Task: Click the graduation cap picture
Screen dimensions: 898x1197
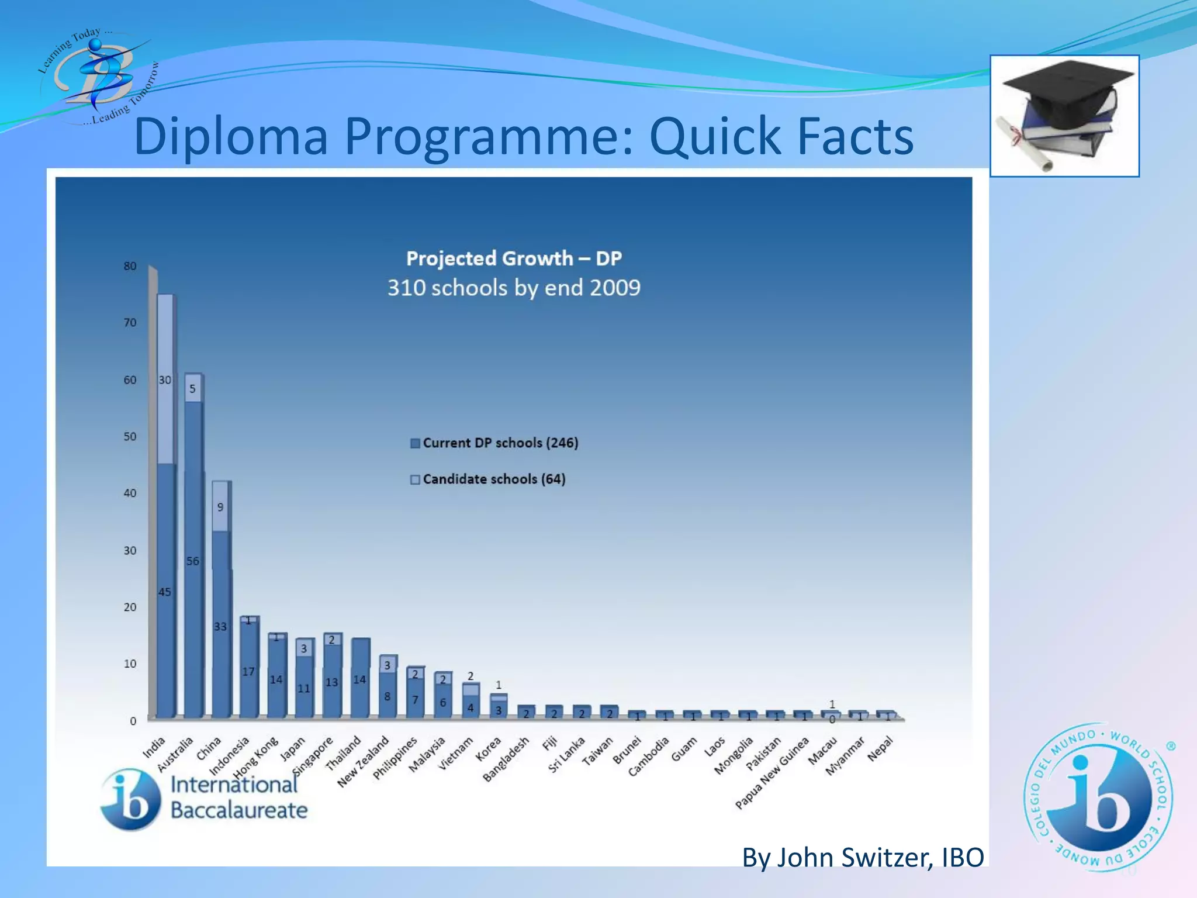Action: tap(1064, 115)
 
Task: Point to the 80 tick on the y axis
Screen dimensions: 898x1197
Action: tap(130, 266)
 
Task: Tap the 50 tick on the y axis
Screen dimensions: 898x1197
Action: tap(130, 437)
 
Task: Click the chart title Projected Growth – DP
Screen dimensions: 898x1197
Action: tap(514, 258)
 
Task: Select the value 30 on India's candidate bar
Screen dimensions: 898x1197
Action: tap(165, 380)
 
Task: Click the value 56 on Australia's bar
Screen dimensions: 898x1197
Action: tap(192, 561)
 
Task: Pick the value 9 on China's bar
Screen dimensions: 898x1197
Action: tap(220, 507)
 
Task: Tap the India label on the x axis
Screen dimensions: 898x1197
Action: tap(155, 747)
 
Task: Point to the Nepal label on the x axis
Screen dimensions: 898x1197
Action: tap(880, 748)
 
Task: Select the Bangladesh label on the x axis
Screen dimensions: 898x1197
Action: tap(506, 759)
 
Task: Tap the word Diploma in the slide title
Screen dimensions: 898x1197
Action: tap(231, 136)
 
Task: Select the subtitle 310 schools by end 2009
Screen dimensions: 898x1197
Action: tap(514, 288)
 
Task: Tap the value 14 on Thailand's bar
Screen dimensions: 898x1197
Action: tap(359, 679)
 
